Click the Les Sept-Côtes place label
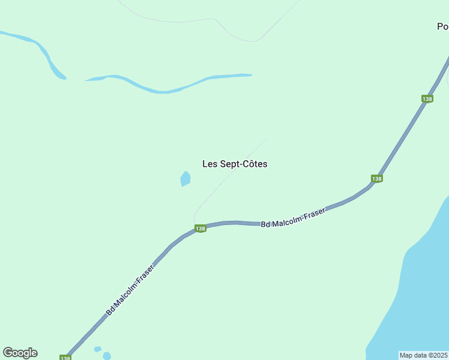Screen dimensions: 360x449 (235, 164)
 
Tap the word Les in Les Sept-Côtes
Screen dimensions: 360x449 (209, 164)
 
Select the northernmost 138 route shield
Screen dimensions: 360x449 (427, 98)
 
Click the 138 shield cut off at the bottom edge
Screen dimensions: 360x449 (65, 357)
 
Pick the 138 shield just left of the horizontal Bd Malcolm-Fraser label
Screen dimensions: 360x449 (200, 229)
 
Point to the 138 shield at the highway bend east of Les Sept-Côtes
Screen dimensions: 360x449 (376, 178)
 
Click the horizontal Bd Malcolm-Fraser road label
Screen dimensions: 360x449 (293, 218)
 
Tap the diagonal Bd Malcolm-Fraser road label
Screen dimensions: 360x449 (130, 290)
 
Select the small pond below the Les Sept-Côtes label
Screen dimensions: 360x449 (185, 179)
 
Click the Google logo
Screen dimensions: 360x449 (20, 353)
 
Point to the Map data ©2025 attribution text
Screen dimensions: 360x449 (424, 355)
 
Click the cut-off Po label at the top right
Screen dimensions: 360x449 (442, 26)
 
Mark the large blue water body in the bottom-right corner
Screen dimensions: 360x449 (420, 288)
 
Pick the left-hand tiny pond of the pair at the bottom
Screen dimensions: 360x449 (97, 349)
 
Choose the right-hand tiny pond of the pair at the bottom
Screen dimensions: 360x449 (107, 356)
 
